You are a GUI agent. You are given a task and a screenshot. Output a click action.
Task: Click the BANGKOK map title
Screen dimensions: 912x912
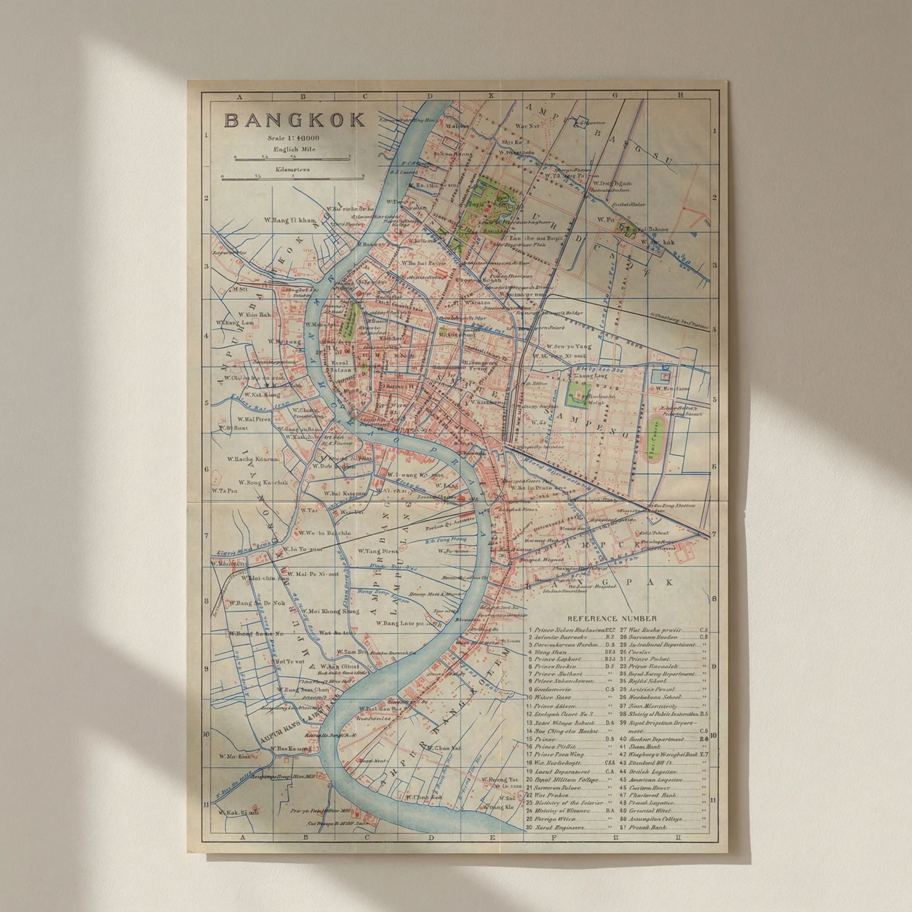tap(295, 120)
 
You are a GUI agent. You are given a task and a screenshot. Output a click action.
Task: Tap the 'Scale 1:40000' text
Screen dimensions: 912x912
tap(294, 139)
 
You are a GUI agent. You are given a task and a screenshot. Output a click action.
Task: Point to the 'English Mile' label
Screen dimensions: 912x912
tap(294, 149)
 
